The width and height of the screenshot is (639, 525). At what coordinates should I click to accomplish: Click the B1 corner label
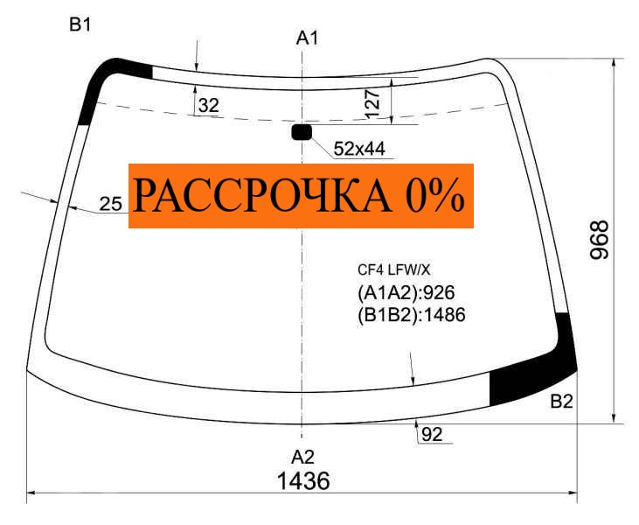click(x=80, y=25)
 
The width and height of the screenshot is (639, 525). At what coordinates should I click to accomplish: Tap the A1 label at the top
click(x=307, y=38)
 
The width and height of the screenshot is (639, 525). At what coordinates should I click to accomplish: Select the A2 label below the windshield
click(x=302, y=458)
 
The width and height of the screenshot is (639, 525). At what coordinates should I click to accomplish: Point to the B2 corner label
click(x=561, y=402)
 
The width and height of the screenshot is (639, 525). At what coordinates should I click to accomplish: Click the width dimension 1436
click(x=303, y=481)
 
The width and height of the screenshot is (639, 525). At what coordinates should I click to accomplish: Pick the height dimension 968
click(x=599, y=240)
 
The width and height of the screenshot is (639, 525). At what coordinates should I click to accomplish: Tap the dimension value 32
click(x=209, y=106)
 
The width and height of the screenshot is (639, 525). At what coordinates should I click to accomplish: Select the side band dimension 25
click(x=110, y=204)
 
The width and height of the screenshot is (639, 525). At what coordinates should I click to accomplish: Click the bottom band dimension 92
click(x=432, y=435)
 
